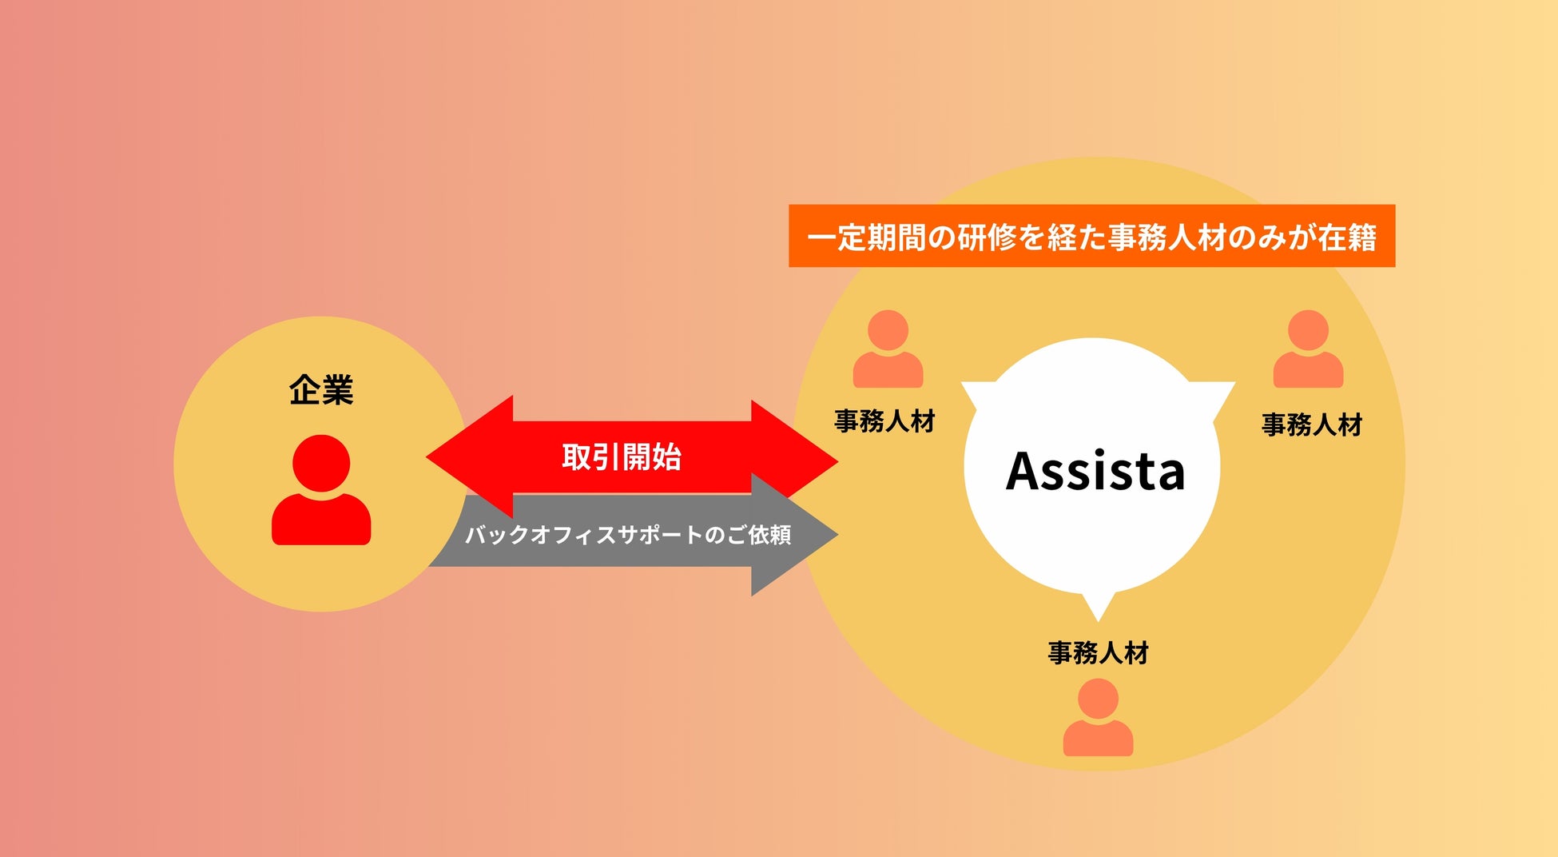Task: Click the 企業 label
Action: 321,390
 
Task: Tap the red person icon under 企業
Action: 321,492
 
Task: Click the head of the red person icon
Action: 321,463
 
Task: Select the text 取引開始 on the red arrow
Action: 622,457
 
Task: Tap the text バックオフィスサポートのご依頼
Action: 628,534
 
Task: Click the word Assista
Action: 1095,471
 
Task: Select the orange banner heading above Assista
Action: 1091,237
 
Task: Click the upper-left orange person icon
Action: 888,349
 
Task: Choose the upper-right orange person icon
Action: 1308,349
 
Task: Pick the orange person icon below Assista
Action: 1098,717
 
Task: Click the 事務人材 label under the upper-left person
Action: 884,421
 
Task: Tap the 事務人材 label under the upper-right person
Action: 1312,425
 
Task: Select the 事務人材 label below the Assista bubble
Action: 1098,653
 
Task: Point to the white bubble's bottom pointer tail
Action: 1098,608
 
